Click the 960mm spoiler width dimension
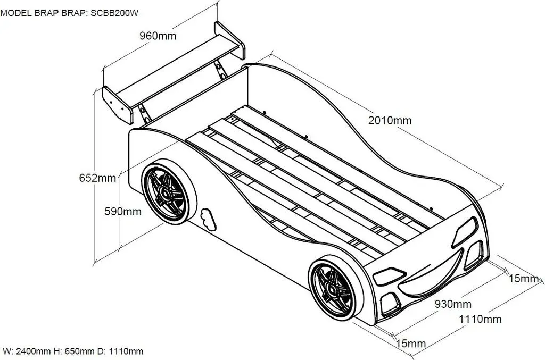pyautogui.click(x=158, y=36)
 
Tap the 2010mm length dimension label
pyautogui.click(x=390, y=121)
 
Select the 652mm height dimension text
pyautogui.click(x=98, y=178)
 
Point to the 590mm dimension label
pyautogui.click(x=123, y=212)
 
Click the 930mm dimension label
pyautogui.click(x=453, y=304)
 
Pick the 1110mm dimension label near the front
pyautogui.click(x=481, y=319)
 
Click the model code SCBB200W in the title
pyautogui.click(x=114, y=13)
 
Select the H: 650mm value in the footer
pyautogui.click(x=74, y=351)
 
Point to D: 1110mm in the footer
pyautogui.click(x=120, y=351)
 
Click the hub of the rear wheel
pyautogui.click(x=165, y=195)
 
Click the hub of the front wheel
pyautogui.click(x=331, y=290)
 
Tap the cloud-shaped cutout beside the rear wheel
pyautogui.click(x=208, y=219)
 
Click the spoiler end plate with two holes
pyautogui.click(x=118, y=105)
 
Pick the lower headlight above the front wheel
pyautogui.click(x=389, y=275)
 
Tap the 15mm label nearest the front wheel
pyautogui.click(x=411, y=344)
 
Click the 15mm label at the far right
pyautogui.click(x=524, y=279)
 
